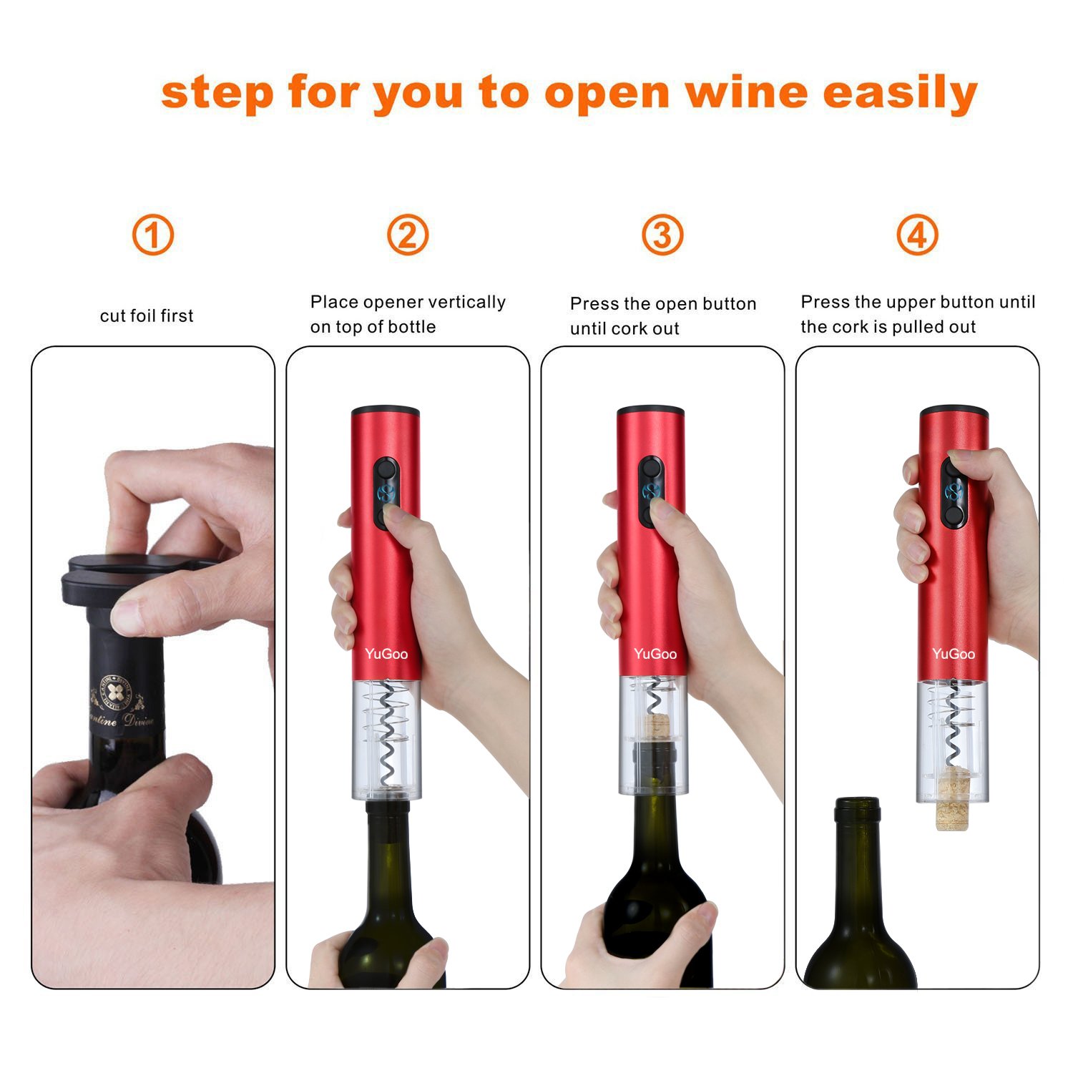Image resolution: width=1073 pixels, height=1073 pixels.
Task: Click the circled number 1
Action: (153, 235)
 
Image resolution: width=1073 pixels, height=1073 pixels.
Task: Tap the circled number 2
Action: (408, 235)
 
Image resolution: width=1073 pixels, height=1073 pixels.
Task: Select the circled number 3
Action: (662, 235)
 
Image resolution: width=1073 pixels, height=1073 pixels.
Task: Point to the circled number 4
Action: (917, 235)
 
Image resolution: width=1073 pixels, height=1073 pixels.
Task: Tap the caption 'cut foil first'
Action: (147, 315)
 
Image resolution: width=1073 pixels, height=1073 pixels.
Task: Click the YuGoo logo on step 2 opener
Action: (386, 654)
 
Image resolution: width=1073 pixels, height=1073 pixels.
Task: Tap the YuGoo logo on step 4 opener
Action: (953, 654)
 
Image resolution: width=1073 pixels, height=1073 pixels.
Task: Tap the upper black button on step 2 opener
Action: (387, 470)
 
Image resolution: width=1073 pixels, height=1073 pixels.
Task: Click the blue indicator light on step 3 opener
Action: (651, 491)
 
